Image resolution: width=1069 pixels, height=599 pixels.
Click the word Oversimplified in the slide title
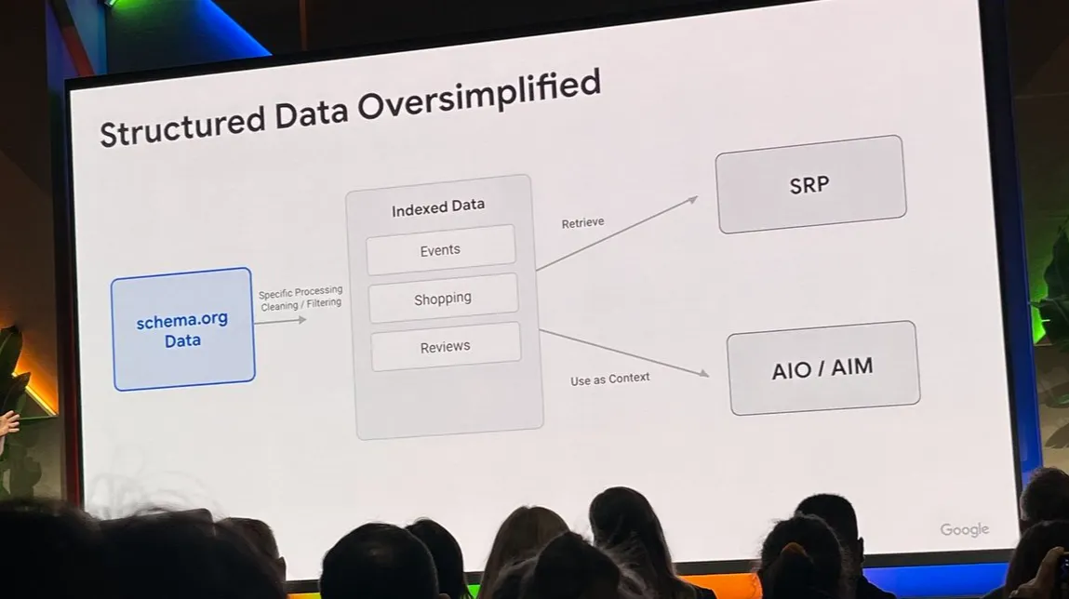pyautogui.click(x=478, y=96)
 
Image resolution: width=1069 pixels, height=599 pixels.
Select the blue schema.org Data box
pyautogui.click(x=183, y=329)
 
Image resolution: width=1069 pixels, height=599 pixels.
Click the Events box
pyautogui.click(x=441, y=250)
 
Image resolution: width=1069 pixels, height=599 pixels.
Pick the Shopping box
pyautogui.click(x=443, y=299)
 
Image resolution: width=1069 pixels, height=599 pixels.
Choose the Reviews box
pyautogui.click(x=446, y=347)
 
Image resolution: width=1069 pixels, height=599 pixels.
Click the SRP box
pyautogui.click(x=810, y=185)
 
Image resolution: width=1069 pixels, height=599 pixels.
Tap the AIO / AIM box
pyautogui.click(x=823, y=368)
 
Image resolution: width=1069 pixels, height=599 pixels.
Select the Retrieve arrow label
pyautogui.click(x=583, y=223)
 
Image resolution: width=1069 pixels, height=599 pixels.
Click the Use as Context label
pyautogui.click(x=610, y=379)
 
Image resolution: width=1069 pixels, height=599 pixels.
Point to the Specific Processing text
pyautogui.click(x=301, y=292)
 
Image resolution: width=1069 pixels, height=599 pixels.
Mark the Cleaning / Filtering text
pyautogui.click(x=301, y=304)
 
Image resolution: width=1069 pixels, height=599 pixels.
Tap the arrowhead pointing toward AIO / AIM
pyautogui.click(x=703, y=372)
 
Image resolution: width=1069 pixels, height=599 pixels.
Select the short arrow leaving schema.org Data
pyautogui.click(x=280, y=320)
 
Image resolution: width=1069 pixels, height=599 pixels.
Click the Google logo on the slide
pyautogui.click(x=965, y=529)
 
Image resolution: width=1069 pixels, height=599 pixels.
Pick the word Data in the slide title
pyautogui.click(x=312, y=113)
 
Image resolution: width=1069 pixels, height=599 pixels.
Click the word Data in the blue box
pyautogui.click(x=182, y=340)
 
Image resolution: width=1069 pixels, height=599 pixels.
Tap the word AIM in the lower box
pyautogui.click(x=852, y=367)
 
